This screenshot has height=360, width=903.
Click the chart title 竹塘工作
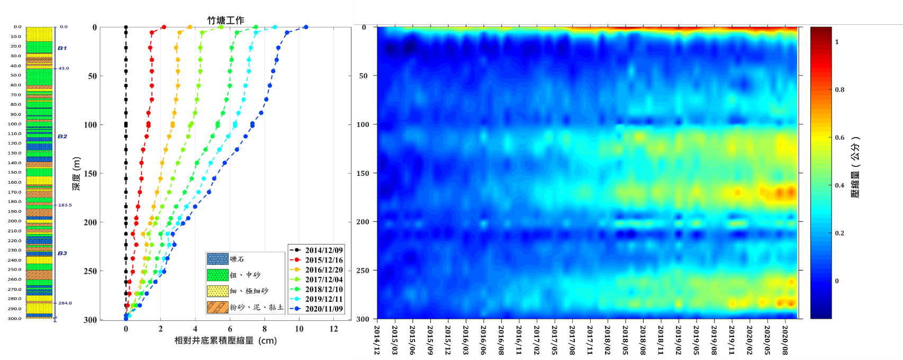pos(225,21)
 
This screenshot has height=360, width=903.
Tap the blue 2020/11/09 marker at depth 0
pos(305,27)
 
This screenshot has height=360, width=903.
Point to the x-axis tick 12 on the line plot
pos(333,329)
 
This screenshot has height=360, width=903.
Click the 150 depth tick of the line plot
pos(92,174)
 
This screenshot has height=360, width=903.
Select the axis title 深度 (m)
pos(77,174)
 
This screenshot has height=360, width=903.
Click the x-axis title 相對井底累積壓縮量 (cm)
pos(225,340)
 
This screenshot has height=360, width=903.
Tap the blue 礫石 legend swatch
pos(218,259)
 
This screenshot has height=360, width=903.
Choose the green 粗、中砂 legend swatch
pos(218,275)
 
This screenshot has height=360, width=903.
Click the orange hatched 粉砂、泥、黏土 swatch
pos(218,307)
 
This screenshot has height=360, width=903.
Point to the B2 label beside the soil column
pos(62,137)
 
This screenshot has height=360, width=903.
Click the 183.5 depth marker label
pos(65,205)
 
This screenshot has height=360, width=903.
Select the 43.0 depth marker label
pos(64,68)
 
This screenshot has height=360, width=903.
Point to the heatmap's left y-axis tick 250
pos(363,271)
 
